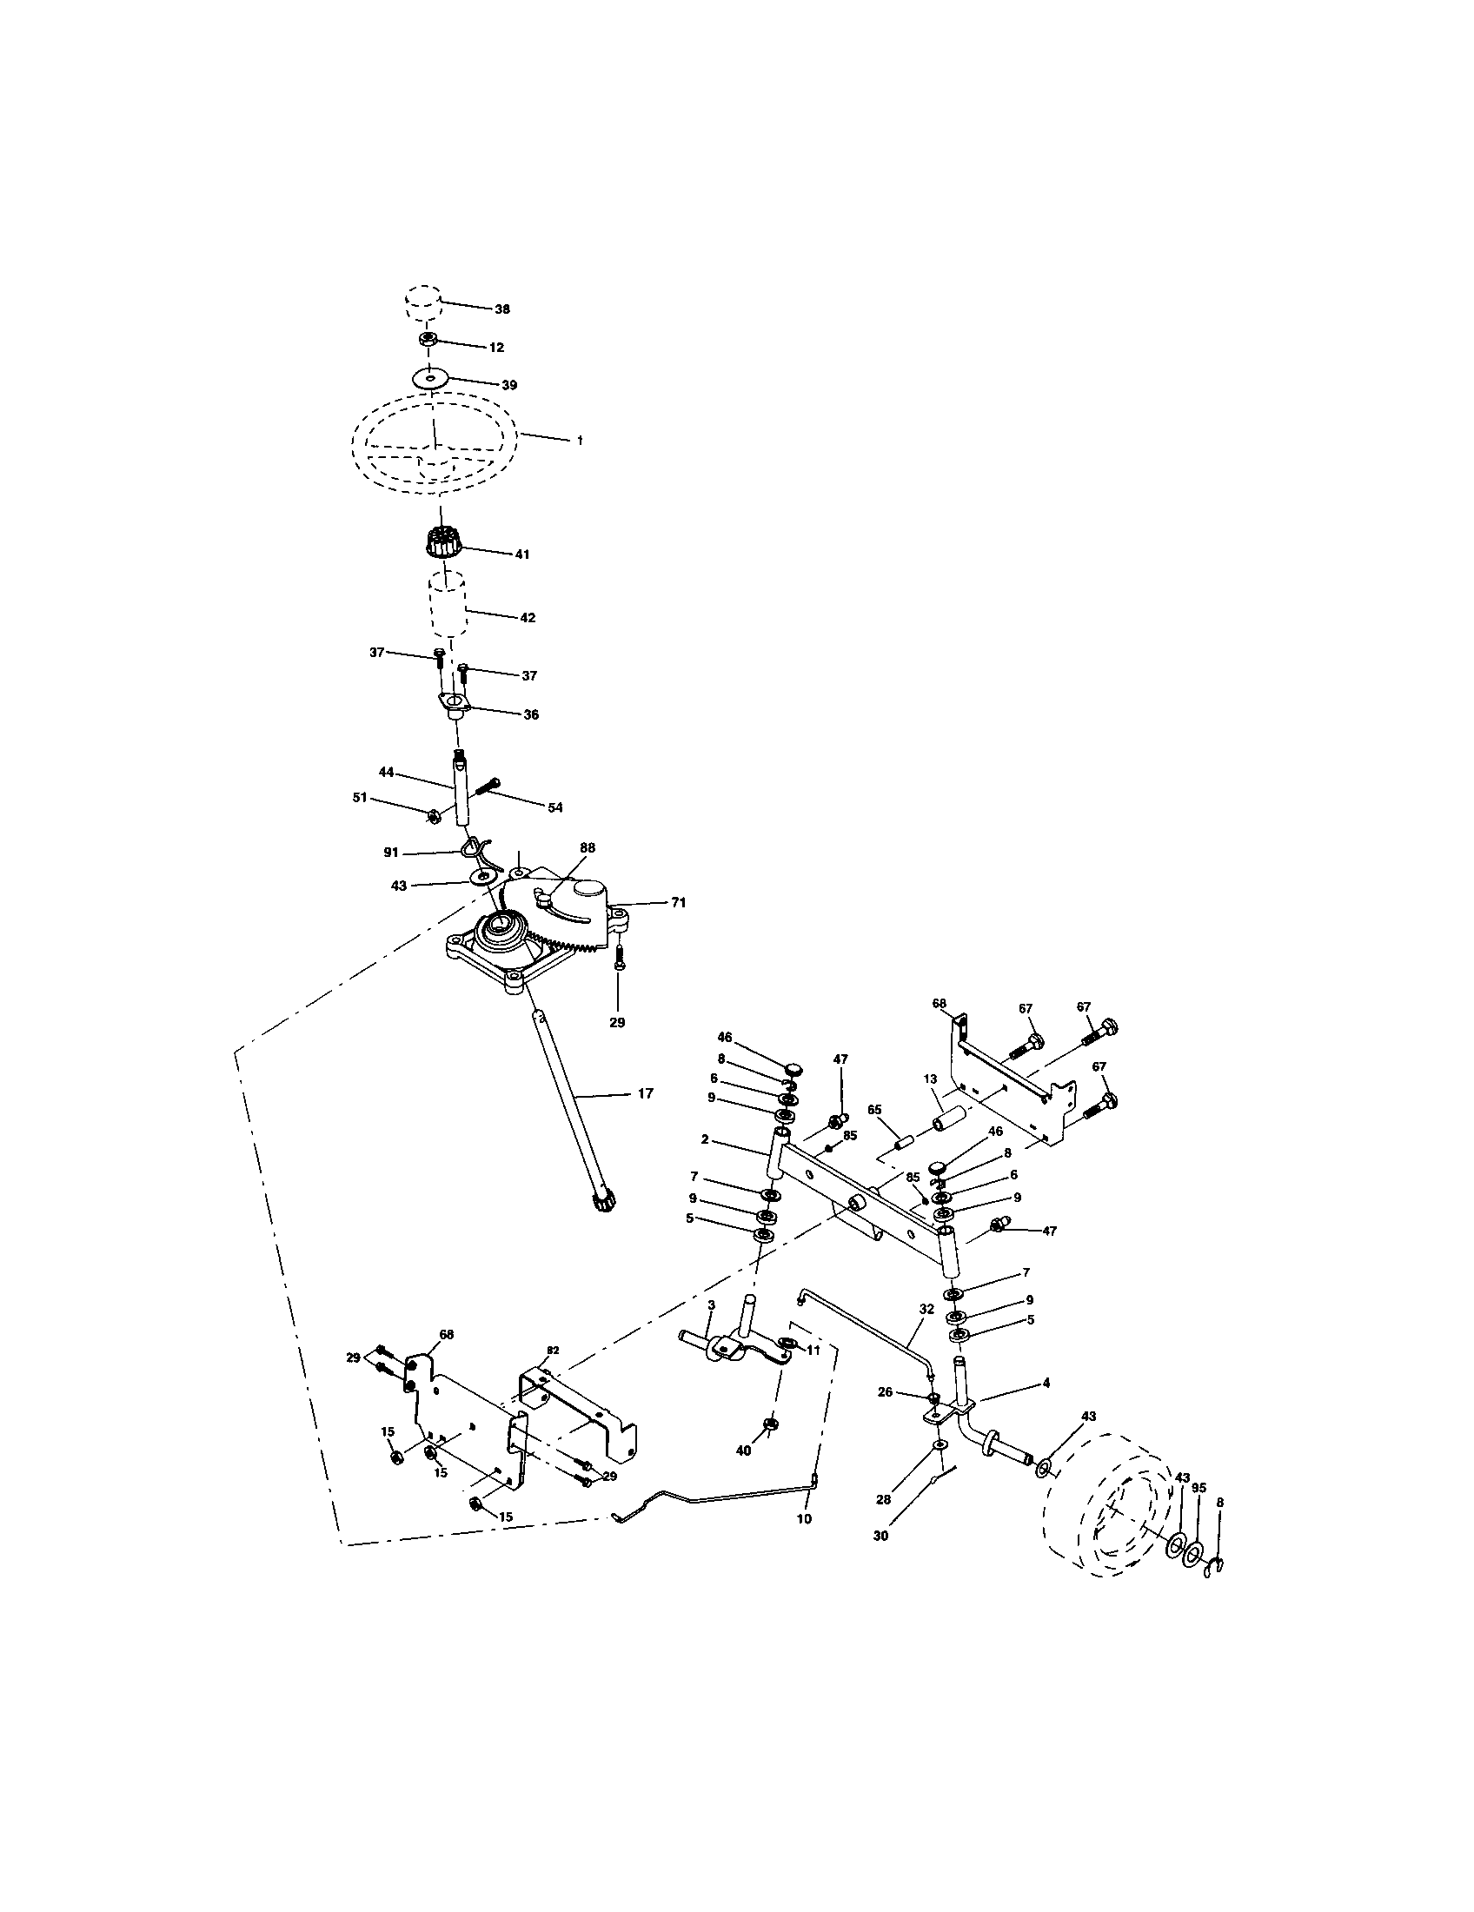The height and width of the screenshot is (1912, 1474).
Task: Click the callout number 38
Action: coord(502,309)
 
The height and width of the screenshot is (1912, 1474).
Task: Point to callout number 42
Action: coord(527,617)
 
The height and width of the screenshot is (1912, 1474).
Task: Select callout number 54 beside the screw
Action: coord(555,807)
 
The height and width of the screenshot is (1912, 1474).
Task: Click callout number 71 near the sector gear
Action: coord(679,902)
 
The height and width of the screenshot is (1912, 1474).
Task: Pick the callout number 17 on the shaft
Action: coord(645,1093)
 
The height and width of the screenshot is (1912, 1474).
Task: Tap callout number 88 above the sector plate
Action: coord(587,847)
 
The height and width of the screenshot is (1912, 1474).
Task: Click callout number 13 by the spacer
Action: coord(930,1079)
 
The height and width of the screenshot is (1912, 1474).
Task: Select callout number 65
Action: coord(873,1109)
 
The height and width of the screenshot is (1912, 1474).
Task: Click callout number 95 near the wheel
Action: coord(1199,1486)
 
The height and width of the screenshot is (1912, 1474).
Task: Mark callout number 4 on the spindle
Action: coord(1046,1383)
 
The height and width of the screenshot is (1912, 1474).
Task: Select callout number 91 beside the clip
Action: coord(391,852)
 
